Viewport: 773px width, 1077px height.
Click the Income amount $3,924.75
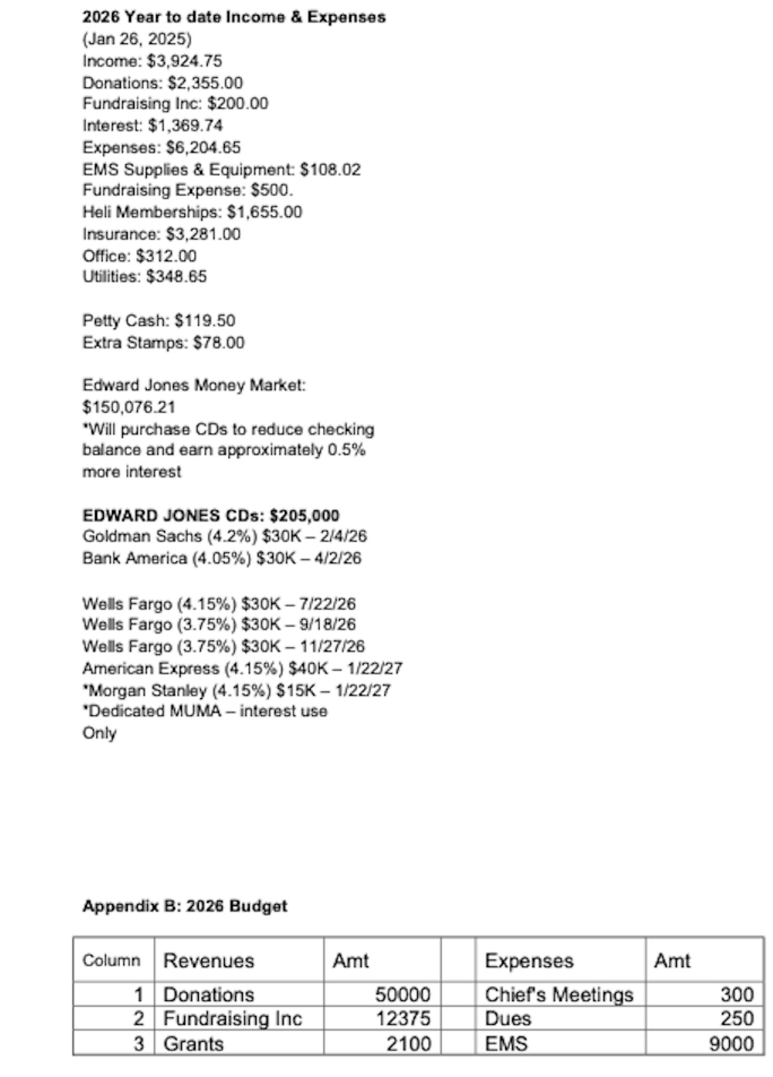[x=184, y=61]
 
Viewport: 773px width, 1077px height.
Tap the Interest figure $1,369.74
[x=185, y=125]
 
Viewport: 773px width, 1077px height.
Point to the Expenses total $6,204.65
[x=203, y=148]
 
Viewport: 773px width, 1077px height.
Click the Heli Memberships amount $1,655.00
[x=264, y=212]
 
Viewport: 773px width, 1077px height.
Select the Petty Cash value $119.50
[x=205, y=321]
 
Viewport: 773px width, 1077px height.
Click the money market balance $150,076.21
[x=129, y=407]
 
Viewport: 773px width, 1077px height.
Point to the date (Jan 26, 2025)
[x=137, y=40]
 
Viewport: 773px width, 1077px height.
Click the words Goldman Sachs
[x=142, y=536]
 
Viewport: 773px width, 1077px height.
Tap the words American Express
[x=151, y=669]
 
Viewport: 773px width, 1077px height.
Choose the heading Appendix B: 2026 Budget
[x=185, y=906]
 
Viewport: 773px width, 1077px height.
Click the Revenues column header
[x=209, y=960]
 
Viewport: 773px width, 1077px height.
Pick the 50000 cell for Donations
[x=402, y=994]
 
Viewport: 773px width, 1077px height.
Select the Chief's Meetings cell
[x=559, y=994]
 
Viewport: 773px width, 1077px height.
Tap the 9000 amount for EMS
[x=731, y=1043]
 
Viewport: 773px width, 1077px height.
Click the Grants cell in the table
[x=193, y=1043]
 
